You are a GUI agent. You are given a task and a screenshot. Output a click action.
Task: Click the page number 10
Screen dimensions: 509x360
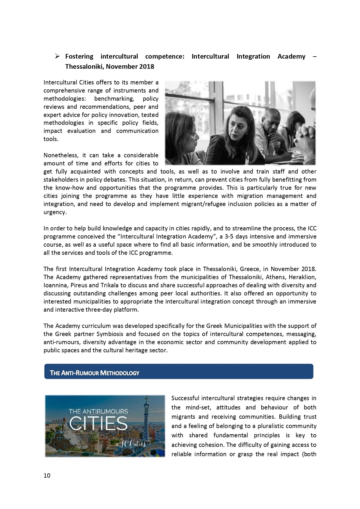[47, 475]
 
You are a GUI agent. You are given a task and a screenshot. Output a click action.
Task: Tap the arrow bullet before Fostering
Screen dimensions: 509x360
[57, 56]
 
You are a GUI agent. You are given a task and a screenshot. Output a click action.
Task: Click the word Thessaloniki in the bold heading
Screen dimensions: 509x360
[84, 66]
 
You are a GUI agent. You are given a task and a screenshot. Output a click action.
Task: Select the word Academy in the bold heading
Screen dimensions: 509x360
[291, 56]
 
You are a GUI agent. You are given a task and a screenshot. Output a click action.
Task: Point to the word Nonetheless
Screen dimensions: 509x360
[61, 155]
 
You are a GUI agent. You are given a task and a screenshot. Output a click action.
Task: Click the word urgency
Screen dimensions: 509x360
[55, 212]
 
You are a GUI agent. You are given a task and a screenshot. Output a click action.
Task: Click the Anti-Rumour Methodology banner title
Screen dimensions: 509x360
[95, 373]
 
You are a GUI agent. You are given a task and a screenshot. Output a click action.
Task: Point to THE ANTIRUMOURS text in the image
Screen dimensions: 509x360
[98, 411]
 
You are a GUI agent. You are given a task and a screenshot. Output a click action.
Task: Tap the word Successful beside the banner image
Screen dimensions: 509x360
[185, 398]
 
